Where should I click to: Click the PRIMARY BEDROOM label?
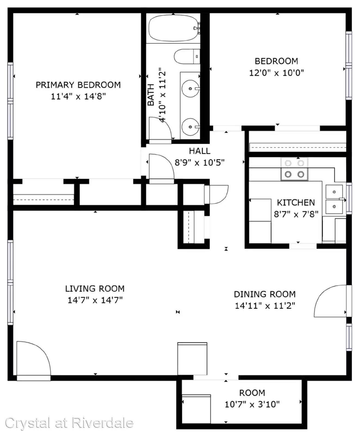78,85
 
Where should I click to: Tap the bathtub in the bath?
173,28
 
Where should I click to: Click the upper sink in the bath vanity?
190,89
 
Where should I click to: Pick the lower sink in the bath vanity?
190,127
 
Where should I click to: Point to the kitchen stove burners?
294,169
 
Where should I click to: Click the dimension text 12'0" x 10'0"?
276,73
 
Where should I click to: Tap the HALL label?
199,151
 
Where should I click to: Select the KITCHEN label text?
296,203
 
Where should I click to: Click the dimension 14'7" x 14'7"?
95,300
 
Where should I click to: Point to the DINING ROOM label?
265,294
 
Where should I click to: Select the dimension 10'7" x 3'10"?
252,404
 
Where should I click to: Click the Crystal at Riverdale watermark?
69,423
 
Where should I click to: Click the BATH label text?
151,95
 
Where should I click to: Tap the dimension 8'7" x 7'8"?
296,214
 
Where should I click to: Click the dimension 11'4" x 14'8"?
78,96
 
